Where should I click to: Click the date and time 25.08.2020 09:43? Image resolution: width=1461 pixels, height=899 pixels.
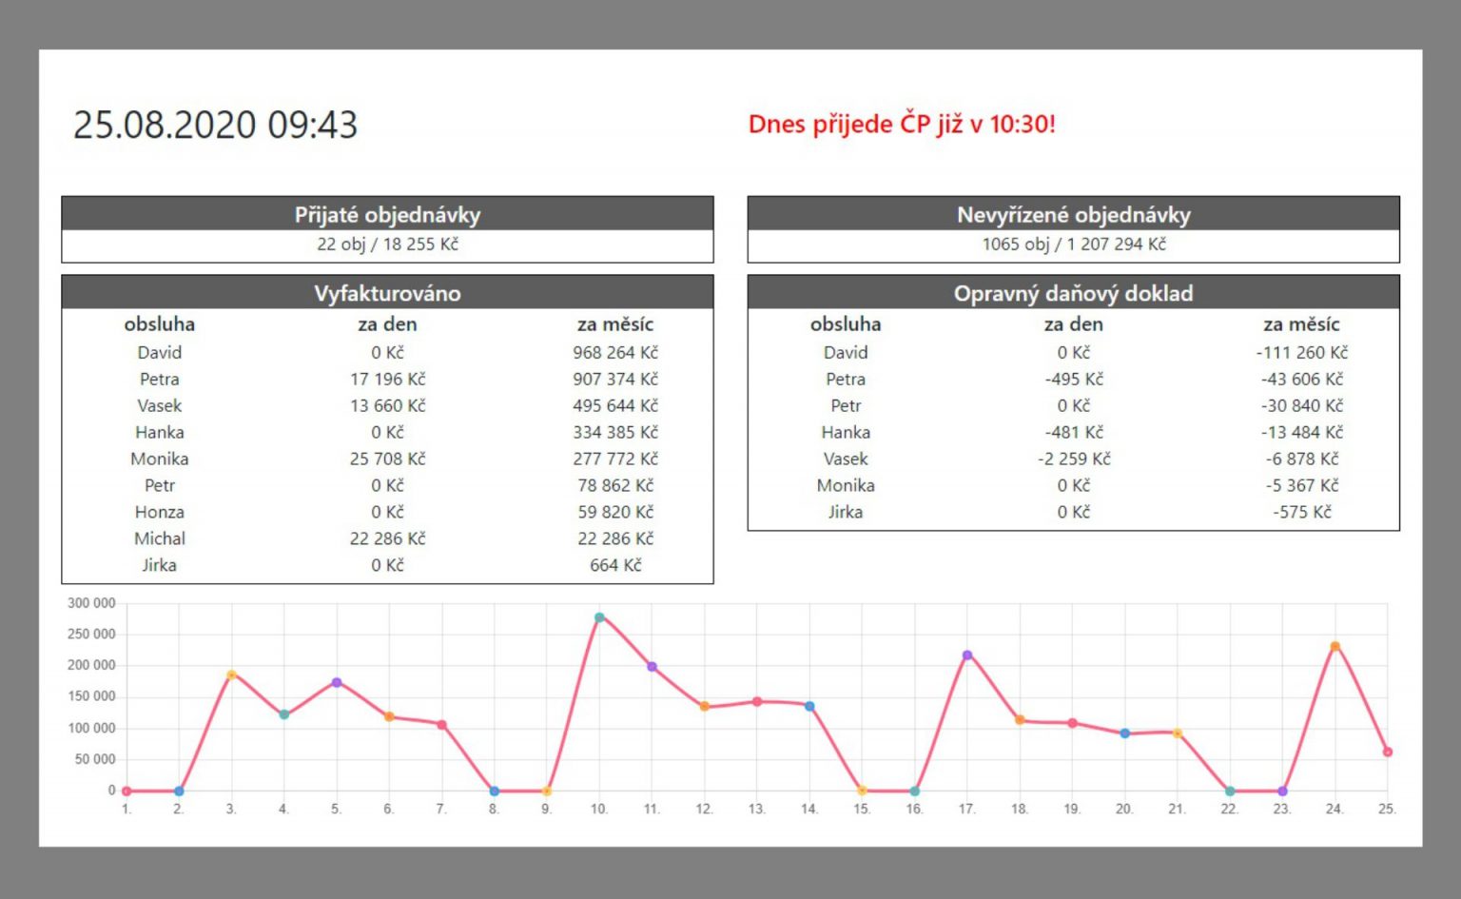pos(215,125)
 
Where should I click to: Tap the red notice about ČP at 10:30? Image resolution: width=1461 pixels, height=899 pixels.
pos(902,125)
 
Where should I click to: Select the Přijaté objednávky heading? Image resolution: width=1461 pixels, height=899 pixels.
pos(387,214)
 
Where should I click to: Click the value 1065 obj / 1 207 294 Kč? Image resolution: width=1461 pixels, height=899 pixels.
pos(1073,244)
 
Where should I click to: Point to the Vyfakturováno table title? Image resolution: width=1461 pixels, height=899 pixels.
pos(387,293)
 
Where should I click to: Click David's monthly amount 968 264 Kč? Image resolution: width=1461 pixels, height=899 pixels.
pos(614,352)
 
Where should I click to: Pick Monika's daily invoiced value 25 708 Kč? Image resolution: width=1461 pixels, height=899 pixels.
pos(387,459)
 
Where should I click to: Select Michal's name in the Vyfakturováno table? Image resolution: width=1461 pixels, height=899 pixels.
pos(160,538)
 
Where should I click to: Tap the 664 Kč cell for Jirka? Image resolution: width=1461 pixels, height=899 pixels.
pos(614,565)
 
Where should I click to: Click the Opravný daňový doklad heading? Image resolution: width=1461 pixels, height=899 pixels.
pos(1073,293)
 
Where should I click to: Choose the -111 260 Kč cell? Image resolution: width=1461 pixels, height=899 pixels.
pos(1301,352)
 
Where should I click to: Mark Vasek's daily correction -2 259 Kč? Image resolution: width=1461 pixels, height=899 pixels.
pos(1073,459)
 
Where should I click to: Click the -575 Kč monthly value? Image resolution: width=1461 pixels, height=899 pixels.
pos(1301,512)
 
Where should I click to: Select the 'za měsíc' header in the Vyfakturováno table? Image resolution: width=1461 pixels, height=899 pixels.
pos(614,324)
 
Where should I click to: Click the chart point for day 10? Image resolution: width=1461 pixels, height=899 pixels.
pos(599,617)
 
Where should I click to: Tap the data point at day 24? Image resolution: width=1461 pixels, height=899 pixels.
pos(1334,646)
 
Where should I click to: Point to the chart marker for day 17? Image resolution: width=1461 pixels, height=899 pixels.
pos(967,655)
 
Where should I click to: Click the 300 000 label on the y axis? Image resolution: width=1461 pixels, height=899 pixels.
pos(91,603)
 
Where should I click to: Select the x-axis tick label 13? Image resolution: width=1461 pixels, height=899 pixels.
pos(756,810)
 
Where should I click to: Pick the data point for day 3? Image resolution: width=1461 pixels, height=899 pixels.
pos(231,674)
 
